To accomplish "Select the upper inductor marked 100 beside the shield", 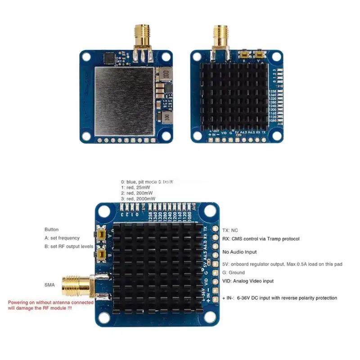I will click(165, 73).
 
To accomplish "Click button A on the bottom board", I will click(102, 235).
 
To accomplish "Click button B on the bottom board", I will click(102, 255).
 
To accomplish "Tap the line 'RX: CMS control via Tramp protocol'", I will click(261, 239).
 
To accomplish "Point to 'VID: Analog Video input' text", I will click(248, 281).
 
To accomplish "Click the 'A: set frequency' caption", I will click(62, 238).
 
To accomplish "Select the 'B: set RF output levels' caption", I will click(69, 246).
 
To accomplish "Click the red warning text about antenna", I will click(50, 305).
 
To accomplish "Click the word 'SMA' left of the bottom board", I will click(49, 285).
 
